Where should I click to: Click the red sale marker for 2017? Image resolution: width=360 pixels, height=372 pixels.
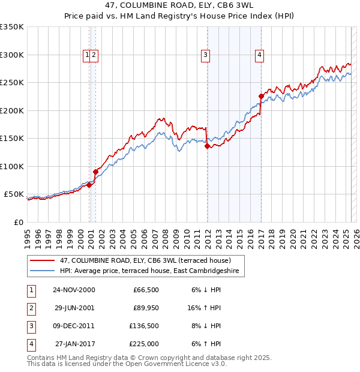261,96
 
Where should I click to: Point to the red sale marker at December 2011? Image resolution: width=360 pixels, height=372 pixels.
207,146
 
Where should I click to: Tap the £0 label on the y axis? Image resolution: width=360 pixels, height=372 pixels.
19,222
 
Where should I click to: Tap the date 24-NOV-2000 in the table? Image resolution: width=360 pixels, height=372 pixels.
73,290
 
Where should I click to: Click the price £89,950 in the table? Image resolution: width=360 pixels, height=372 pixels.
145,308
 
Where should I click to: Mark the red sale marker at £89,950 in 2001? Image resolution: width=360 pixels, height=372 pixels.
95,172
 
